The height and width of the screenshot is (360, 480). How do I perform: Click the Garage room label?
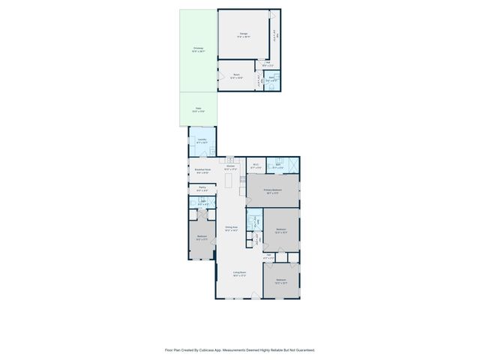pyautogui.click(x=244, y=34)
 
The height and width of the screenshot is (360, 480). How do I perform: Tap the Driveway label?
pyautogui.click(x=197, y=49)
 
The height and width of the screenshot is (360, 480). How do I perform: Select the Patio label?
pyautogui.click(x=198, y=109)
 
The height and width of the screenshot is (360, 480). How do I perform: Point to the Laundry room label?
pyautogui.click(x=202, y=140)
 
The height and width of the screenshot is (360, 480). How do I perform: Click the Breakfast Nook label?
pyautogui.click(x=202, y=171)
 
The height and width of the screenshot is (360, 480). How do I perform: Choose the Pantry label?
pyautogui.click(x=202, y=188)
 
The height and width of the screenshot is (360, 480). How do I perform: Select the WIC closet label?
pyautogui.click(x=255, y=166)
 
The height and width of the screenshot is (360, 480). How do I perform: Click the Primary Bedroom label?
pyautogui.click(x=272, y=191)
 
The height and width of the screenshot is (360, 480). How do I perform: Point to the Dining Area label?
pyautogui.click(x=231, y=228)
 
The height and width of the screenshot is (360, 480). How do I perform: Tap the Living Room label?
pyautogui.click(x=239, y=274)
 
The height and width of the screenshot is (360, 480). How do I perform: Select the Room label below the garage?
pyautogui.click(x=236, y=75)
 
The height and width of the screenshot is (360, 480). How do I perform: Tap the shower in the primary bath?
pyautogui.click(x=294, y=166)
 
